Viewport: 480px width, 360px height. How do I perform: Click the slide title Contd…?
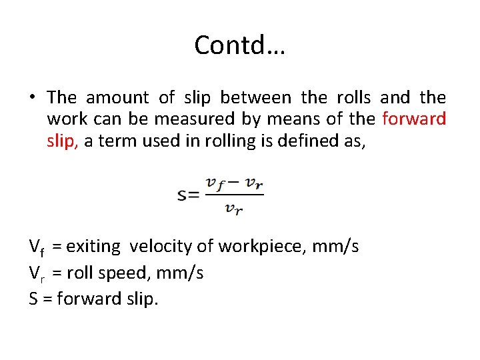pyautogui.click(x=239, y=45)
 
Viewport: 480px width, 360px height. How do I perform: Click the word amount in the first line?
pyautogui.click(x=117, y=97)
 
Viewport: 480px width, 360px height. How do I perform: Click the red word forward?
pyautogui.click(x=414, y=119)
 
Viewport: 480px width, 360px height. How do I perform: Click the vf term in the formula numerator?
pyautogui.click(x=215, y=183)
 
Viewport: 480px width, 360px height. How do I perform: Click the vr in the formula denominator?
pyautogui.click(x=233, y=209)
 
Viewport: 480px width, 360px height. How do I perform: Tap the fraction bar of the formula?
pyautogui.click(x=233, y=195)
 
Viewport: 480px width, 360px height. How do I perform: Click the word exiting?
pyautogui.click(x=93, y=247)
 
